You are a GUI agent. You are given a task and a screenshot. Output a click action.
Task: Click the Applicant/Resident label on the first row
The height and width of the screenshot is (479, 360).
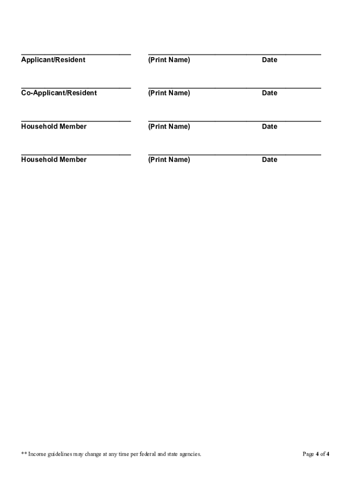pos(53,60)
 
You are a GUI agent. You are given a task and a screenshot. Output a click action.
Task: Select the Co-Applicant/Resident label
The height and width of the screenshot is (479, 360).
pos(59,93)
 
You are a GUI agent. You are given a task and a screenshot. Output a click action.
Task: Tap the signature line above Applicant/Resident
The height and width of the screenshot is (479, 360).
pos(76,55)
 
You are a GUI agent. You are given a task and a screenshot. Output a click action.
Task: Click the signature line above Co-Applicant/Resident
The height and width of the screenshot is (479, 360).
pos(76,88)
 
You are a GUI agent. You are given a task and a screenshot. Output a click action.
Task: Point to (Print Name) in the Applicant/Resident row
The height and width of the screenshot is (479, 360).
pos(169,60)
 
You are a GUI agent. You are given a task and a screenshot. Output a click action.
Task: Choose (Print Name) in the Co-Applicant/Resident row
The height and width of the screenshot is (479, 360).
pos(169,93)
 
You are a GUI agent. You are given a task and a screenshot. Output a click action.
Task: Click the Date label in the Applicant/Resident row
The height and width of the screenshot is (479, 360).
pos(270,60)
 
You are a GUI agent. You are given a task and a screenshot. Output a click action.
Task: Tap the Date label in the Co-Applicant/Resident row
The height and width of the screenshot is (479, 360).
pos(270,93)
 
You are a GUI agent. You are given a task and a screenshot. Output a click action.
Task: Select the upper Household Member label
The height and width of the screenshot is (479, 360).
pos(54,126)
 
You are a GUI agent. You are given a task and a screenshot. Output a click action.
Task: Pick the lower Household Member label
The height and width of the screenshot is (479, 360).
pos(54,160)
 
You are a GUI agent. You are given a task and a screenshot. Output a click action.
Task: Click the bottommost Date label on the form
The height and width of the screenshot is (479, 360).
pos(270,160)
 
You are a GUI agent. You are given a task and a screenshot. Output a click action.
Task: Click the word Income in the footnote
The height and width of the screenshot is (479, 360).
pos(37,454)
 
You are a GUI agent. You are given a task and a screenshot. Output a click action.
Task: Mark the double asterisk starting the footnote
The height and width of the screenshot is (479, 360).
pos(23,454)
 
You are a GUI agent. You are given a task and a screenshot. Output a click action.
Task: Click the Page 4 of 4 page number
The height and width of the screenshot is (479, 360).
pos(316,454)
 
